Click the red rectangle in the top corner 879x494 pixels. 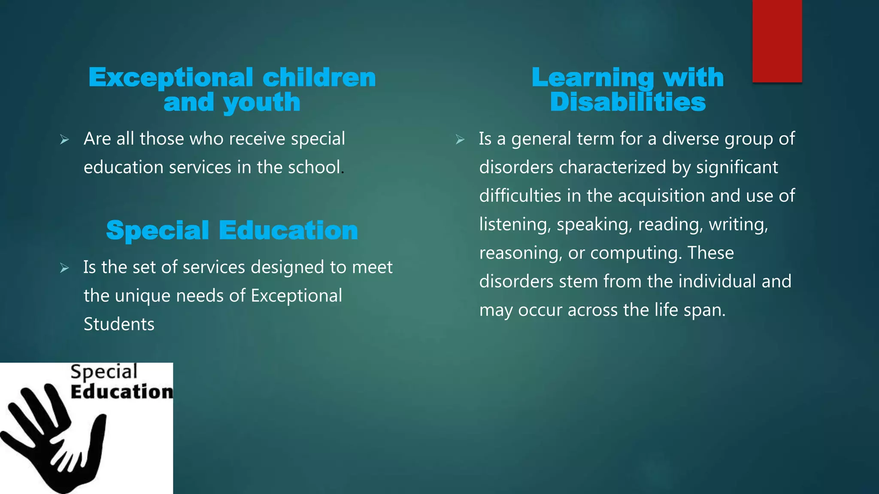(777, 41)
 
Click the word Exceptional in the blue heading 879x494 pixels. (171, 78)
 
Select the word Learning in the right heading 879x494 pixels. (593, 78)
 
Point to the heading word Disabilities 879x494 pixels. (627, 102)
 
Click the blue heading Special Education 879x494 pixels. (232, 230)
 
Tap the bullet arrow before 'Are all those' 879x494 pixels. (64, 139)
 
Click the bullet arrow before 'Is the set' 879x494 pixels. (64, 268)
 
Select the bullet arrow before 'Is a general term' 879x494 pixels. (460, 139)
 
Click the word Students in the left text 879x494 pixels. (119, 324)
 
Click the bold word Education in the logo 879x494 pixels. (121, 392)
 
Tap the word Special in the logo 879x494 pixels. (104, 371)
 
